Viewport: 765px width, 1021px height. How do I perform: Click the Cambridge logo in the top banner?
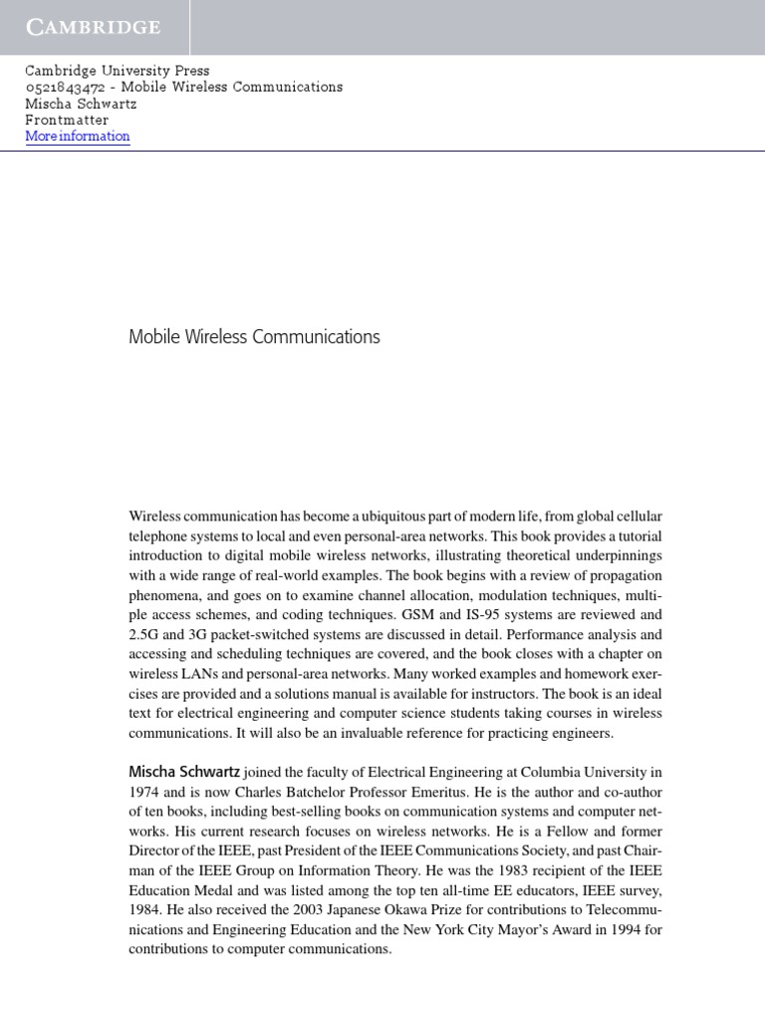(x=94, y=28)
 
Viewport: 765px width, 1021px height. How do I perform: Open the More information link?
(x=78, y=137)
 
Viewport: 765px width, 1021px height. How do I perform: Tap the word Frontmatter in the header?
(x=67, y=120)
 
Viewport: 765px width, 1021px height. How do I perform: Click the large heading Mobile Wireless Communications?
(x=254, y=337)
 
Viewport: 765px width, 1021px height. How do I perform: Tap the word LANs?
(x=198, y=674)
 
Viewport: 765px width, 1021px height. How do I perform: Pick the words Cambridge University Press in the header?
(x=118, y=71)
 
